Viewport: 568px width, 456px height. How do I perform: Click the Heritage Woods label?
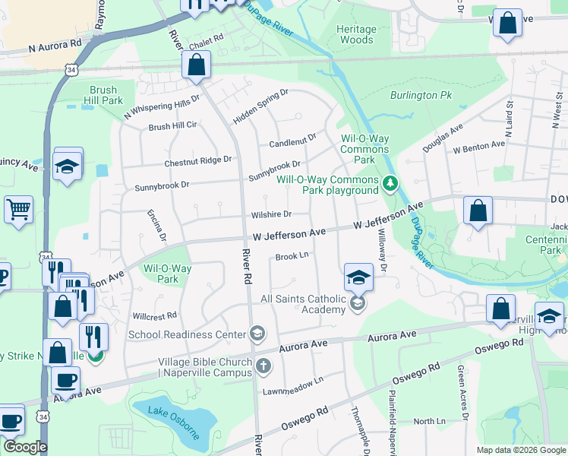click(356, 34)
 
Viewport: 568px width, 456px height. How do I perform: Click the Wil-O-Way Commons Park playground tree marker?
click(390, 183)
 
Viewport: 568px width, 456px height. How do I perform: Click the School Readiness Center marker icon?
click(257, 334)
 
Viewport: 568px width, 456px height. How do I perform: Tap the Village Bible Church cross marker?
click(263, 366)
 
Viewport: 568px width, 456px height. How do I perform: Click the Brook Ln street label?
click(292, 256)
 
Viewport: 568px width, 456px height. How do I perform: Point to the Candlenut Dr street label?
click(292, 142)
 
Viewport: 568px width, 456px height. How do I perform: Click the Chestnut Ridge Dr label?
click(197, 161)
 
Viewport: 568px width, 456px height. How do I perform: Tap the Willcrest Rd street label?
click(154, 315)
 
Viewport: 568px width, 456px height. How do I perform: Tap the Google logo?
click(25, 447)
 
